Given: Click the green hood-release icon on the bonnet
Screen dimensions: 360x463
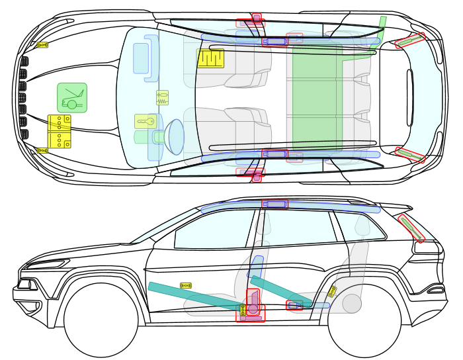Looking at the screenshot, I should tap(72, 98).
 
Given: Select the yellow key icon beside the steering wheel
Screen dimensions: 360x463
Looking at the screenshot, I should tap(145, 121).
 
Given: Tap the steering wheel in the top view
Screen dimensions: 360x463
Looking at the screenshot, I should tap(176, 136).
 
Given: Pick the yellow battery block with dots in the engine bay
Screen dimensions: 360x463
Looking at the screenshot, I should tap(59, 131).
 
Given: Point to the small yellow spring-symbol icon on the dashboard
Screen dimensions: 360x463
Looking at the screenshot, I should tap(162, 98).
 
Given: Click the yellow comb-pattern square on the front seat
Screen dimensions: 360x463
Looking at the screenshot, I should tap(210, 58).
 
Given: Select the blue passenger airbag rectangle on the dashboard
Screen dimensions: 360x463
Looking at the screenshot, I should tap(141, 58).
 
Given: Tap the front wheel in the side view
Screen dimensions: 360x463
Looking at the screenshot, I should tap(101, 320).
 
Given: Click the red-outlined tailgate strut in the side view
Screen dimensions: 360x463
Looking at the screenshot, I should tap(411, 227).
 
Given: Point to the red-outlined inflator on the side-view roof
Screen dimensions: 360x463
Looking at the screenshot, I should tap(275, 204).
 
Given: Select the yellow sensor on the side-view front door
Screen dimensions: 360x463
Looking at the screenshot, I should tap(186, 285).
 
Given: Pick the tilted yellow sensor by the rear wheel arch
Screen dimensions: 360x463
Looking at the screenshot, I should tap(332, 291).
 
